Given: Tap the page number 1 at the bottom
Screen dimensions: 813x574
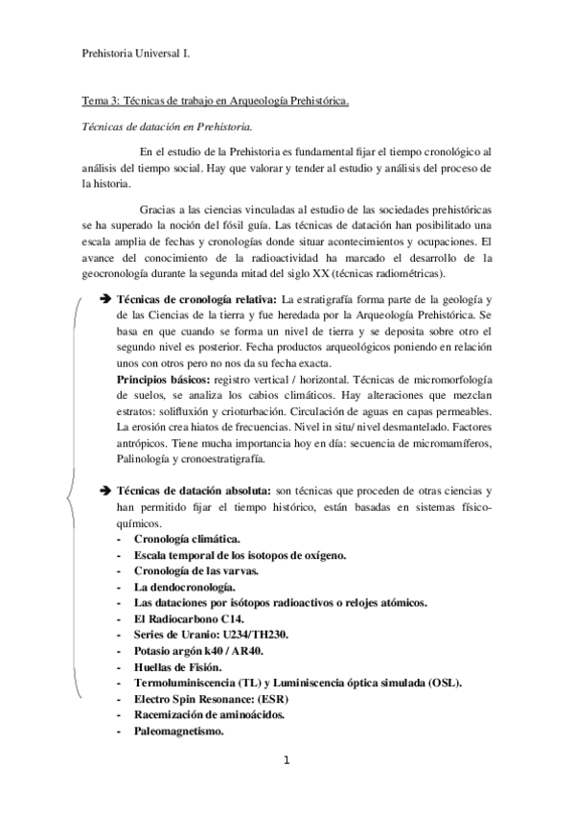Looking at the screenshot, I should (286, 762).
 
